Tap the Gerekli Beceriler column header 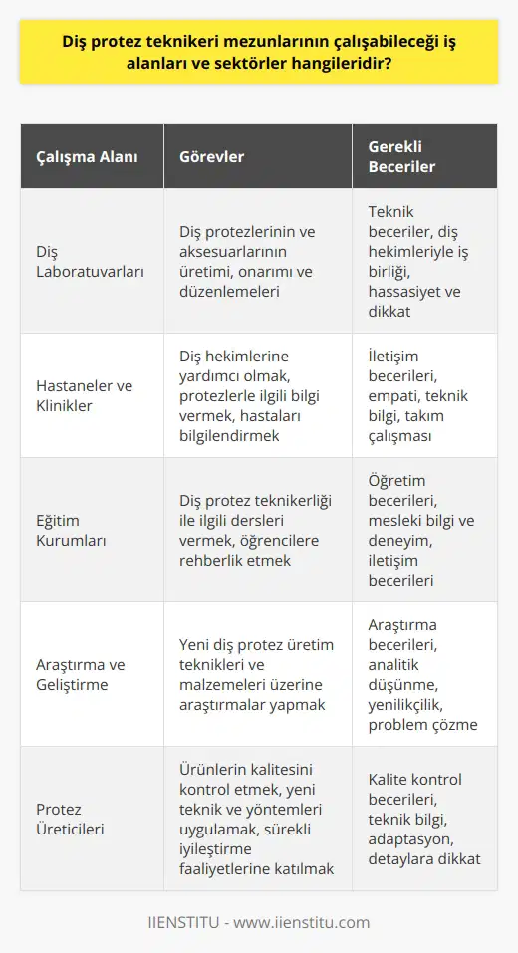pyautogui.click(x=395, y=157)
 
